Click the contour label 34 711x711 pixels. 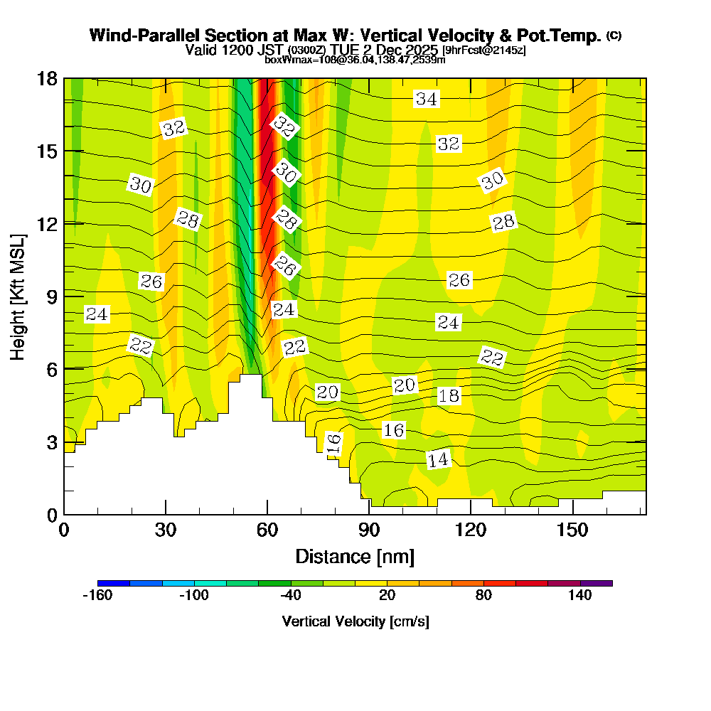coord(427,100)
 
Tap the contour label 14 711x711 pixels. coord(439,460)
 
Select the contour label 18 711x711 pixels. coord(449,396)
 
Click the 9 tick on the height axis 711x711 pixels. coord(50,296)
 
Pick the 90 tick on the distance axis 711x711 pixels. coord(368,530)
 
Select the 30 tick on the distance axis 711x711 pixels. coord(166,530)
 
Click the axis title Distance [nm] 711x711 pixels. coord(355,556)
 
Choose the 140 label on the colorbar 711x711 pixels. coord(580,596)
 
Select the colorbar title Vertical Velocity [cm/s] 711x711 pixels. coord(355,621)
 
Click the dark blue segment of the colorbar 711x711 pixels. coord(114,583)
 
